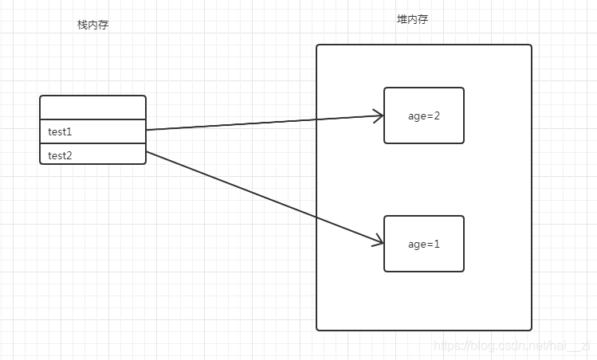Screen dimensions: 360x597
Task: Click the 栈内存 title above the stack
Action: (92, 25)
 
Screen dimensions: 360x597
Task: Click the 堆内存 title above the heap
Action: (413, 19)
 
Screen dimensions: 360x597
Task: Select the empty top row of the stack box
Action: (92, 108)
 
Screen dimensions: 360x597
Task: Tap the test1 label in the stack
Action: (60, 131)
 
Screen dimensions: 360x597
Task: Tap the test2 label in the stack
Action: (60, 155)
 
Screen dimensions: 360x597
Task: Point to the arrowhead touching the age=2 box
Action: (378, 116)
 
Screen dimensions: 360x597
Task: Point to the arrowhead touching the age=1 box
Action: (378, 241)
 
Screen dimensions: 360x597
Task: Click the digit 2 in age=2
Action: (437, 115)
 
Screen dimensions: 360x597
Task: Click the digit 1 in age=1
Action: (437, 245)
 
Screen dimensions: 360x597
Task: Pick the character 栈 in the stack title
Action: (81, 25)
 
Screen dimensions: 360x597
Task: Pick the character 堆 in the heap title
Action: (403, 19)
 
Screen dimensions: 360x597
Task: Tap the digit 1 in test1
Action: (69, 131)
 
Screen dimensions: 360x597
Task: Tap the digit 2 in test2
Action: (69, 155)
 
